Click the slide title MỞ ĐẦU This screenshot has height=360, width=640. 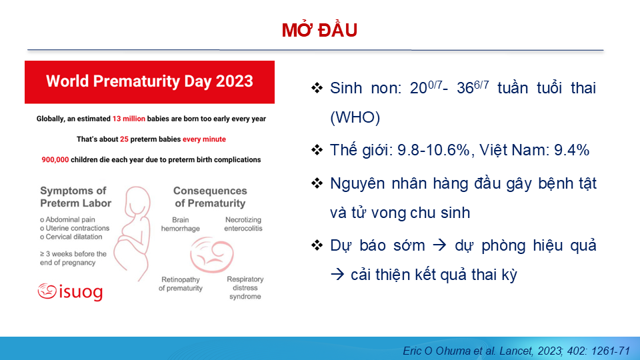coord(319,30)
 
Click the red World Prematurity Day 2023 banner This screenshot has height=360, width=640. coord(149,81)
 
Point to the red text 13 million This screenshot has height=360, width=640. coord(129,119)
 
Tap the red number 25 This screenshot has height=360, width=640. coord(124,139)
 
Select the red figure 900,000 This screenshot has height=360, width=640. coord(55,159)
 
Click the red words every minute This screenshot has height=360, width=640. coord(204,139)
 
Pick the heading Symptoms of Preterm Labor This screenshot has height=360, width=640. coord(75,197)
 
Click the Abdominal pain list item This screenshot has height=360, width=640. coord(68,219)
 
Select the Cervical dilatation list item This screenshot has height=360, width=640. coord(71,237)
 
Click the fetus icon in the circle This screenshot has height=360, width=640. coord(211,255)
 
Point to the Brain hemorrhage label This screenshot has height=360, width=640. coord(181,224)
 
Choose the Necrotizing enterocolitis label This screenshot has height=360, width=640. coord(243,224)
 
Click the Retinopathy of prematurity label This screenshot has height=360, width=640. coord(181,284)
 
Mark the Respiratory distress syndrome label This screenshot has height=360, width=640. coord(245,288)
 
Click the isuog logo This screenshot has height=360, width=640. coord(70,291)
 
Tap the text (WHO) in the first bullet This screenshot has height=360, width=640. coord(355,117)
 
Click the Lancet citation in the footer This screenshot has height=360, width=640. coord(516,351)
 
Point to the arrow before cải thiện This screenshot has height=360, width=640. coord(337,275)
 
